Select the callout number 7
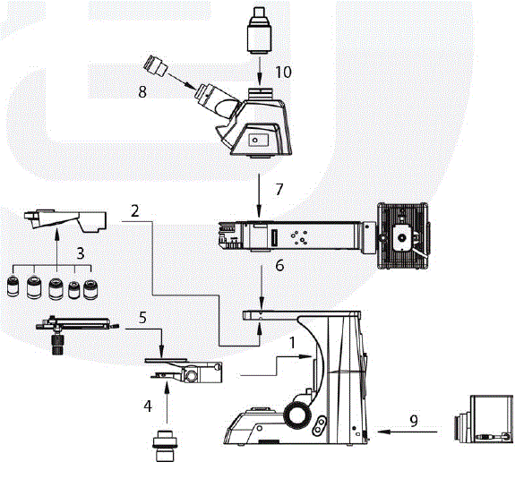click(x=279, y=188)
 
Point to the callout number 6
click(x=279, y=265)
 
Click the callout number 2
click(x=133, y=212)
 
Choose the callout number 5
click(x=142, y=316)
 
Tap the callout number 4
click(x=148, y=406)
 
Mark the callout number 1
click(x=292, y=341)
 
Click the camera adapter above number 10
click(x=258, y=29)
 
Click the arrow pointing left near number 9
click(x=408, y=433)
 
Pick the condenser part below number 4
click(x=165, y=443)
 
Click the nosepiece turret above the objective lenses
click(x=67, y=219)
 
